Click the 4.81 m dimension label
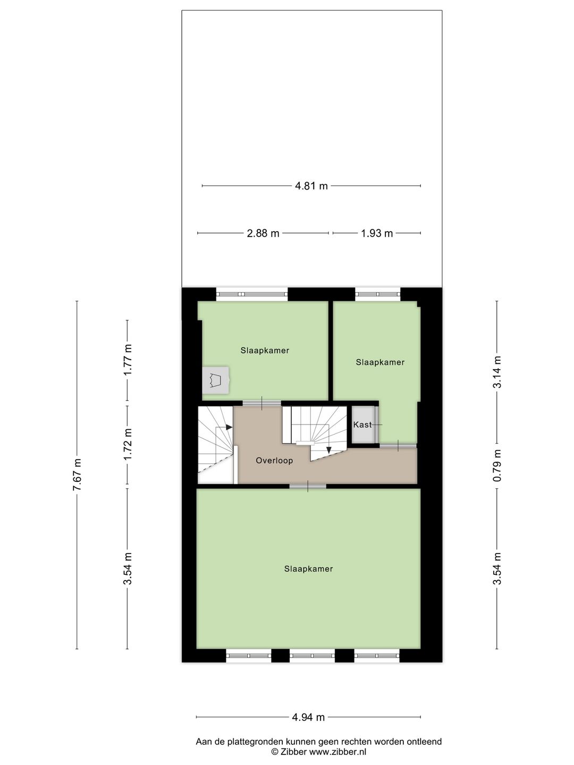pyautogui.click(x=311, y=186)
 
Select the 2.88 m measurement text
pyautogui.click(x=263, y=233)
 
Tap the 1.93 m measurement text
pyautogui.click(x=377, y=233)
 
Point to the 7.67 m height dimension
pyautogui.click(x=77, y=475)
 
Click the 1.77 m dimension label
pyautogui.click(x=128, y=360)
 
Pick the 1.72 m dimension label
pyautogui.click(x=128, y=444)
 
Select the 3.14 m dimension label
pyautogui.click(x=497, y=372)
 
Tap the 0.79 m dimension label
pyautogui.click(x=497, y=465)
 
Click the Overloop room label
pyautogui.click(x=274, y=461)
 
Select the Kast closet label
pyautogui.click(x=362, y=424)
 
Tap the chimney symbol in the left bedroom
pyautogui.click(x=216, y=380)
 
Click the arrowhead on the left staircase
pyautogui.click(x=229, y=427)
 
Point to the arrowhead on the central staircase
pyautogui.click(x=328, y=450)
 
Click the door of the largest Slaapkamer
pyautogui.click(x=308, y=486)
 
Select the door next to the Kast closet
pyautogui.click(x=398, y=445)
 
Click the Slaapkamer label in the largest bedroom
pyautogui.click(x=308, y=569)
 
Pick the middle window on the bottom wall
pyautogui.click(x=313, y=656)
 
